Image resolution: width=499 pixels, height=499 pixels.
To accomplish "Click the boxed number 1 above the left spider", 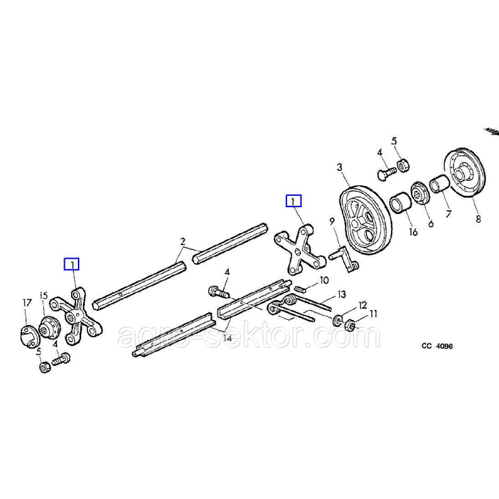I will (74, 264).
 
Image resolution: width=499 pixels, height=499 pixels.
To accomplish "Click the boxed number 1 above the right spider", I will (293, 201).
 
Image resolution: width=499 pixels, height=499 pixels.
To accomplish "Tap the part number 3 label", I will (340, 167).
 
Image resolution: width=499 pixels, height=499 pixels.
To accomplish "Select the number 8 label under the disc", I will (478, 219).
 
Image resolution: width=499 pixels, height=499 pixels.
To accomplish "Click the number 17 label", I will (26, 303).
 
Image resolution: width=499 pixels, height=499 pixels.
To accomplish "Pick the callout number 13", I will (341, 294).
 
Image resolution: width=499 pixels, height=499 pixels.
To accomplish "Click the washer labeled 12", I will (337, 321).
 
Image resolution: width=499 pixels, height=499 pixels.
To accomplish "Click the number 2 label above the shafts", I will (183, 241).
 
